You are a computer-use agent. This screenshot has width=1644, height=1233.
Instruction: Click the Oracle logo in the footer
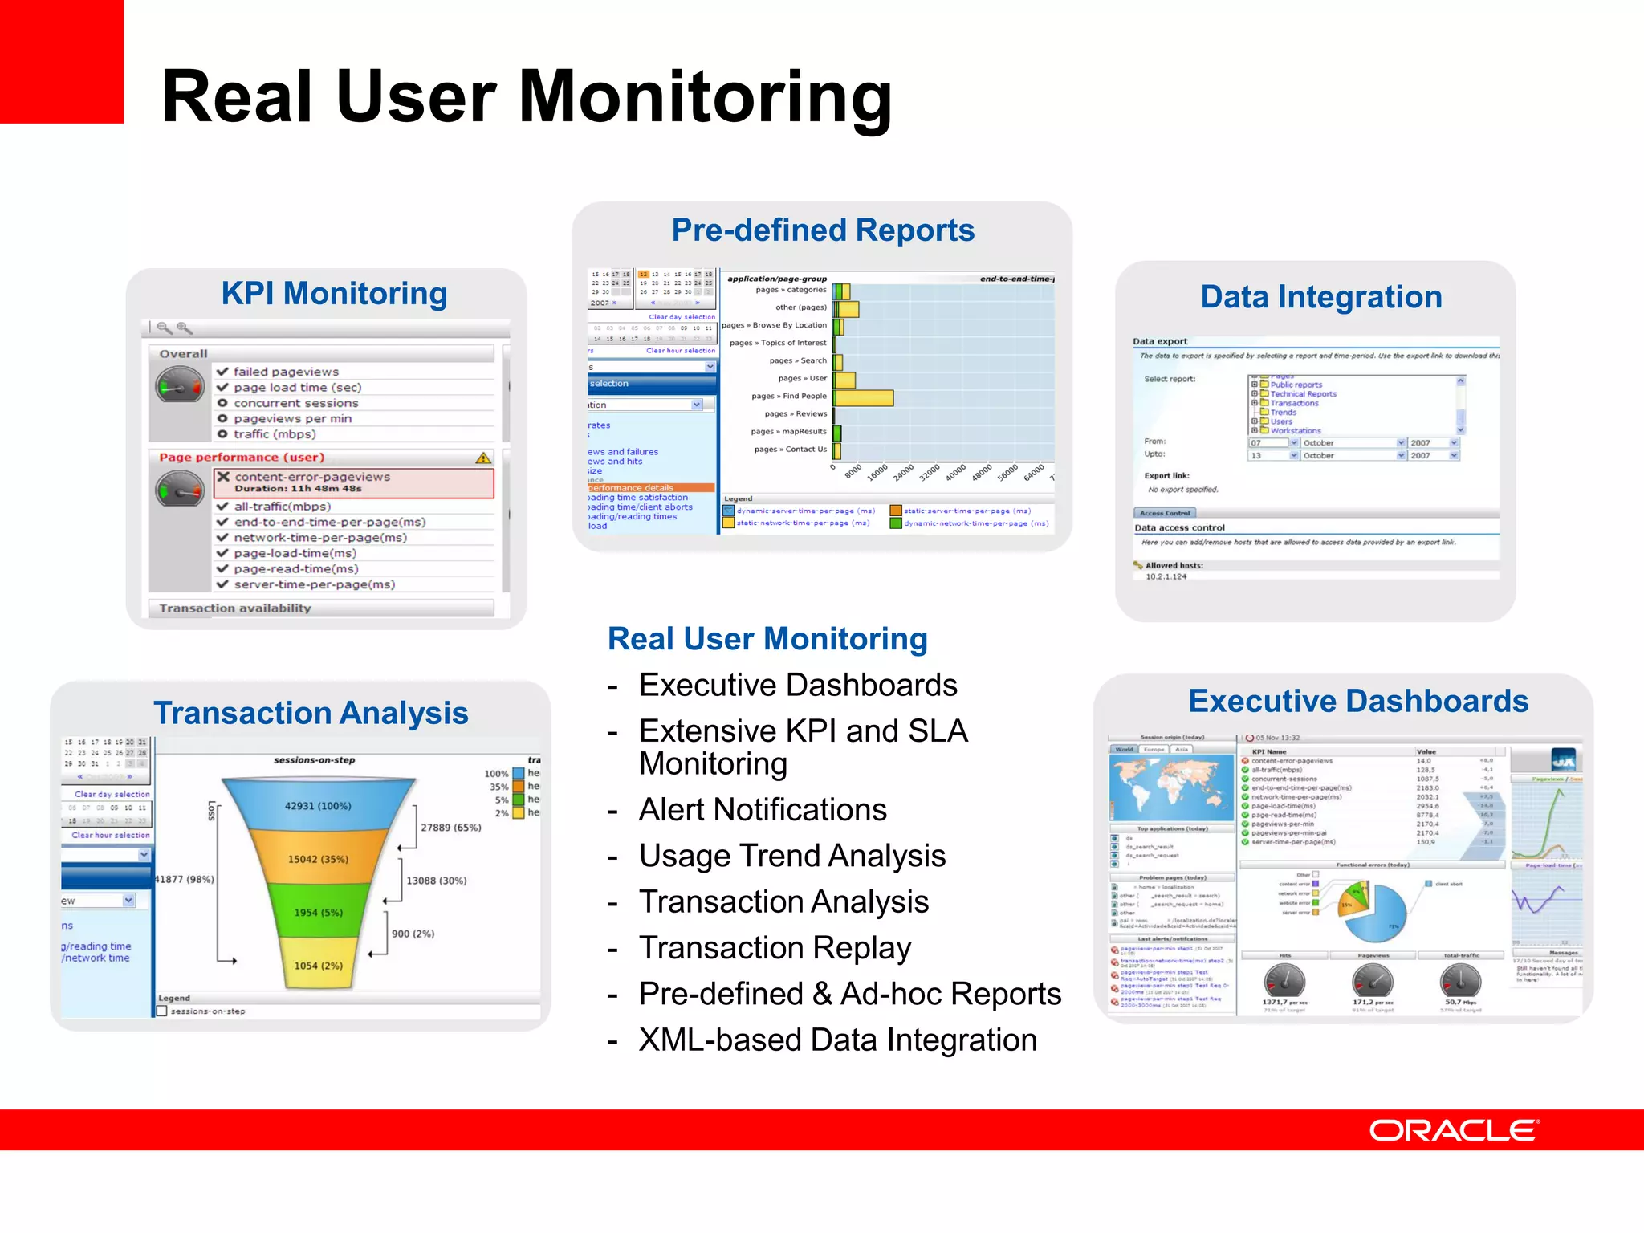(1453, 1130)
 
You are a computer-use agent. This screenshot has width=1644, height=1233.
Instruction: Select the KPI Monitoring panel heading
(334, 294)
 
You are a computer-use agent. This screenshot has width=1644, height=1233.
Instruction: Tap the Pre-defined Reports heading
(823, 230)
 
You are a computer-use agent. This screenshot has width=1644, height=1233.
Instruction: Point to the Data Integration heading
(1321, 297)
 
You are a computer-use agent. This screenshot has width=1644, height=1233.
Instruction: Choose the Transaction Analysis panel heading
(311, 713)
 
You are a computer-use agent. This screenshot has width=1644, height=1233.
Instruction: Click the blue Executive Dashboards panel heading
(1358, 701)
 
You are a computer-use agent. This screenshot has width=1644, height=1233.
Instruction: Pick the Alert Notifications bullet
(763, 809)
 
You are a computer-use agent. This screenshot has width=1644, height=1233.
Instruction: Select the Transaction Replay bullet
(775, 948)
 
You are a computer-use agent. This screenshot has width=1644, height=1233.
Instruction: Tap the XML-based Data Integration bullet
(837, 1040)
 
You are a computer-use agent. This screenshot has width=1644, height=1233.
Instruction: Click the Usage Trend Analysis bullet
(792, 856)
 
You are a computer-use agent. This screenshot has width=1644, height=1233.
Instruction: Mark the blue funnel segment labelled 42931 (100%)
(318, 806)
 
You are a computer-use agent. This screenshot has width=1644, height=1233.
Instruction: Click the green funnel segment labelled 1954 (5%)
(318, 912)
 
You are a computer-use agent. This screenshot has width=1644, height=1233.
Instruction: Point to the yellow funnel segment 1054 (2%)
(318, 966)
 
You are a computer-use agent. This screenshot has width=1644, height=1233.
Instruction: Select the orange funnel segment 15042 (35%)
(318, 859)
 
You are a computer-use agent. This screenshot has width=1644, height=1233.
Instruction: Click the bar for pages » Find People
(864, 397)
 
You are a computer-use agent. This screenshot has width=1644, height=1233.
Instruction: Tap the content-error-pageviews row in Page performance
(353, 482)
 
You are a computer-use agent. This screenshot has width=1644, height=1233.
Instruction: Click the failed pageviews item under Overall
(286, 372)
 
